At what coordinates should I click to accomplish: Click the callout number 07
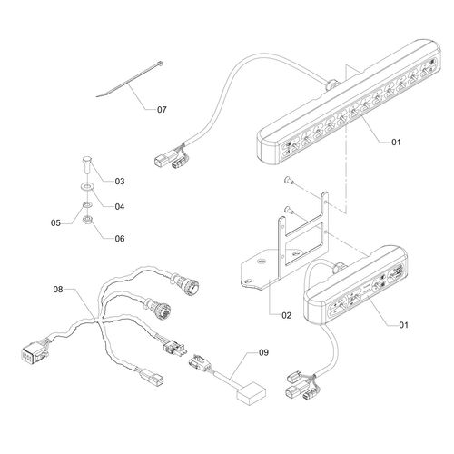162,109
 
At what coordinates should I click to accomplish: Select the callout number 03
120,181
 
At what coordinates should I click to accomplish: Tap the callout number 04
120,206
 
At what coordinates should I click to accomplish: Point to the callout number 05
55,223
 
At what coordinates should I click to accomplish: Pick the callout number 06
120,239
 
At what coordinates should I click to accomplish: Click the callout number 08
58,290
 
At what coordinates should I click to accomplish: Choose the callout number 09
263,352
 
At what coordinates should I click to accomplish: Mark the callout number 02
286,315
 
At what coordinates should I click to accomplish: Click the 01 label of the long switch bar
396,142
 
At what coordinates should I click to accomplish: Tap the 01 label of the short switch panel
404,325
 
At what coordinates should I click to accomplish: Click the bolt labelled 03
86,164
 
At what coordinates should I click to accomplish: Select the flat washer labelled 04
87,187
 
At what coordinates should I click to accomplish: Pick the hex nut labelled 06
87,219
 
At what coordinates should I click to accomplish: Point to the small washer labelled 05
87,205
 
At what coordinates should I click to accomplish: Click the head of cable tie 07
160,64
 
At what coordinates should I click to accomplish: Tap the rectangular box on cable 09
252,392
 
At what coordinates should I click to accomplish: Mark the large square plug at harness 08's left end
34,354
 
